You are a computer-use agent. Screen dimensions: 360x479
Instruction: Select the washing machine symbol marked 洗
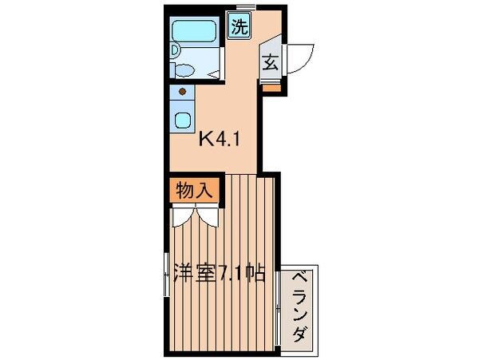pyautogui.click(x=239, y=26)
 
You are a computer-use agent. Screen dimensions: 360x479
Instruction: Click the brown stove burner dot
pyautogui.click(x=184, y=93)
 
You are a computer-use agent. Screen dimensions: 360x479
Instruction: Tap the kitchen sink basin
pyautogui.click(x=183, y=122)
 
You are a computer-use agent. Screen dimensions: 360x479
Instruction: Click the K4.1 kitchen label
pyautogui.click(x=219, y=140)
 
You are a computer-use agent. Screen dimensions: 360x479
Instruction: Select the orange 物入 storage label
pyautogui.click(x=193, y=191)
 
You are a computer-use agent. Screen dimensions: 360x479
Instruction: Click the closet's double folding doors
pyautogui.click(x=194, y=216)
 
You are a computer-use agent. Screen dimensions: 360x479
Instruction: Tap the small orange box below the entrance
pyautogui.click(x=271, y=88)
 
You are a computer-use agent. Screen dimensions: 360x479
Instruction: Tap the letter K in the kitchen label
pyautogui.click(x=205, y=140)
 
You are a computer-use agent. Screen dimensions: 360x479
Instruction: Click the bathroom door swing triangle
pyautogui.click(x=214, y=72)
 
